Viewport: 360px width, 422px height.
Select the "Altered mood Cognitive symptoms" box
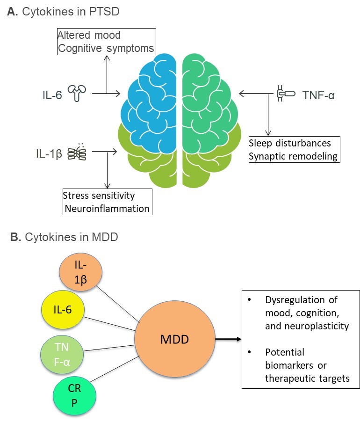[106, 41]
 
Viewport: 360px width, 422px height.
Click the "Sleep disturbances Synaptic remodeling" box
[294, 149]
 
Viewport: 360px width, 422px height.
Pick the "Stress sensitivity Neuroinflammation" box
[107, 201]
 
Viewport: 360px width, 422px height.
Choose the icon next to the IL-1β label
[78, 151]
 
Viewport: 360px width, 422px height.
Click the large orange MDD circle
[174, 338]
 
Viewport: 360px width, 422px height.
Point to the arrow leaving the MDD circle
[228, 338]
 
